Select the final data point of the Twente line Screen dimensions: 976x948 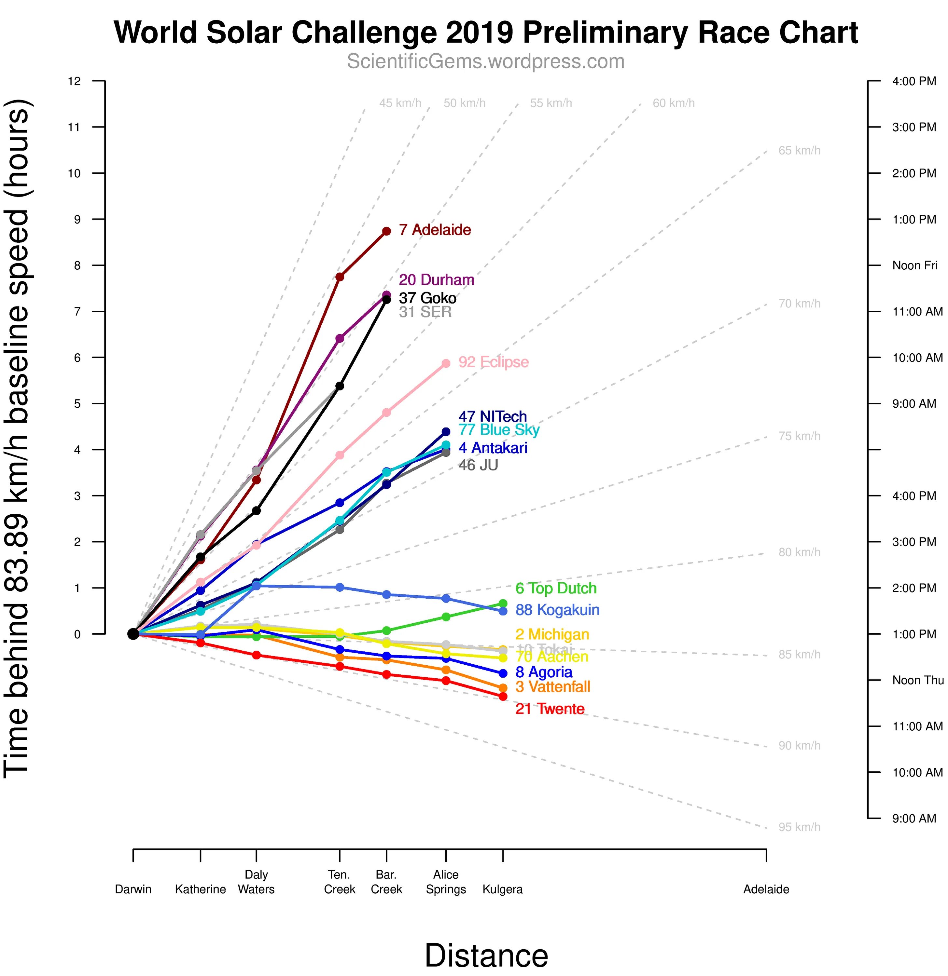pos(503,697)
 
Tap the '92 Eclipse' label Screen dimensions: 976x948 pos(493,362)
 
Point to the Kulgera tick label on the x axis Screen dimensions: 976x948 pos(503,889)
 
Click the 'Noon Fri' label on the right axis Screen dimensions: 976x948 pos(914,265)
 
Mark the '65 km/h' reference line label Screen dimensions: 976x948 pos(799,150)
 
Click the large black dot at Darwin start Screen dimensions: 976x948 pos(133,634)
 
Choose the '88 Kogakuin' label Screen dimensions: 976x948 pos(557,610)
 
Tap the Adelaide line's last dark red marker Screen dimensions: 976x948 pos(386,231)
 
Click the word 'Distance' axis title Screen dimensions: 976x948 pos(486,956)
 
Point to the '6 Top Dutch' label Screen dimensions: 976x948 pos(556,589)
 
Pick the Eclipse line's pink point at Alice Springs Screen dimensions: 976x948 pos(446,363)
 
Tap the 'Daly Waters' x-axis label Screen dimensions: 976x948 pos(256,882)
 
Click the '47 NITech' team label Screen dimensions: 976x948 pos(492,416)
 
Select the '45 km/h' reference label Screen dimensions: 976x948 pos(400,103)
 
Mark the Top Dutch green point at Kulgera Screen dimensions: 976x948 pos(503,603)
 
